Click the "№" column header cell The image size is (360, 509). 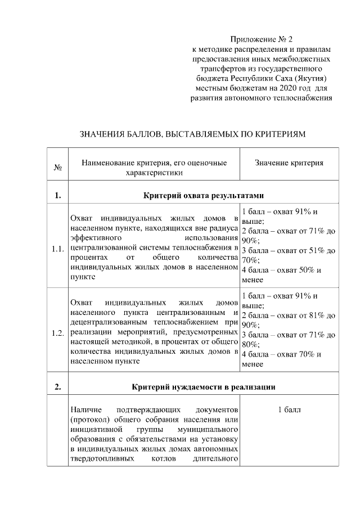(x=57, y=168)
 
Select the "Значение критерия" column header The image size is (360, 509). (x=289, y=163)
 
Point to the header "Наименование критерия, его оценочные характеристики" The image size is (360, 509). (x=154, y=168)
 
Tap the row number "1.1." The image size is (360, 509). (x=57, y=249)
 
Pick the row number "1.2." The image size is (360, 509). (x=57, y=334)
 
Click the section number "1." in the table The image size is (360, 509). (x=57, y=196)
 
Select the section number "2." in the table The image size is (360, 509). (x=57, y=387)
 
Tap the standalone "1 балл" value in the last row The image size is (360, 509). (x=289, y=409)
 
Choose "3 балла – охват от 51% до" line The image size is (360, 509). (x=289, y=250)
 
